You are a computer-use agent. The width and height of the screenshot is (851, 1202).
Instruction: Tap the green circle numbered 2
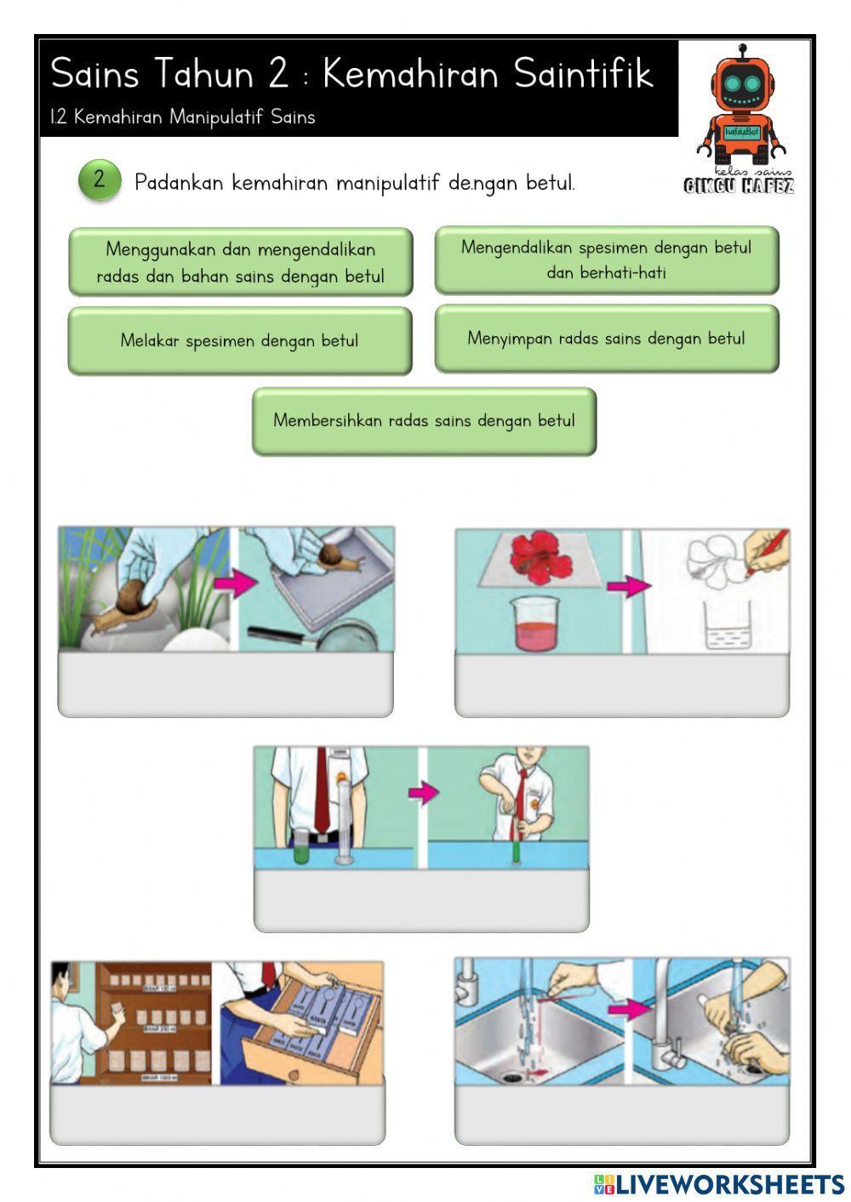pyautogui.click(x=99, y=179)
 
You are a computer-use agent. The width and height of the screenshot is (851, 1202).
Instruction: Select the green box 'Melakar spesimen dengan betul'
pyautogui.click(x=239, y=341)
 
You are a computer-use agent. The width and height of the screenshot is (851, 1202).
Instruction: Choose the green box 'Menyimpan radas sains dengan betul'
pyautogui.click(x=606, y=339)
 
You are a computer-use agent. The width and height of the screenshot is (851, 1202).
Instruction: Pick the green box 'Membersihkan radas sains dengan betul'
pyautogui.click(x=424, y=421)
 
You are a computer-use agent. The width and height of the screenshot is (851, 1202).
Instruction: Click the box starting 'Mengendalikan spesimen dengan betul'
pyautogui.click(x=606, y=259)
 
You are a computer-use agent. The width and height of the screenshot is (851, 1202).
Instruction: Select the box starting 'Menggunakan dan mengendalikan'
pyautogui.click(x=240, y=262)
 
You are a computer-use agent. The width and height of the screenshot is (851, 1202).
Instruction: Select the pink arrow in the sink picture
pyautogui.click(x=629, y=1009)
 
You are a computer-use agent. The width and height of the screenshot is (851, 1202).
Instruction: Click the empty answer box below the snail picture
pyautogui.click(x=226, y=685)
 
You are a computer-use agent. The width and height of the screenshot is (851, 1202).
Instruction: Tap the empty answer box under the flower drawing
pyautogui.click(x=621, y=685)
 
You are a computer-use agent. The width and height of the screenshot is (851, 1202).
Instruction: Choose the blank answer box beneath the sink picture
pyautogui.click(x=621, y=1114)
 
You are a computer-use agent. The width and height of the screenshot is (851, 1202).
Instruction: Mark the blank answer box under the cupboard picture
pyautogui.click(x=217, y=1114)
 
